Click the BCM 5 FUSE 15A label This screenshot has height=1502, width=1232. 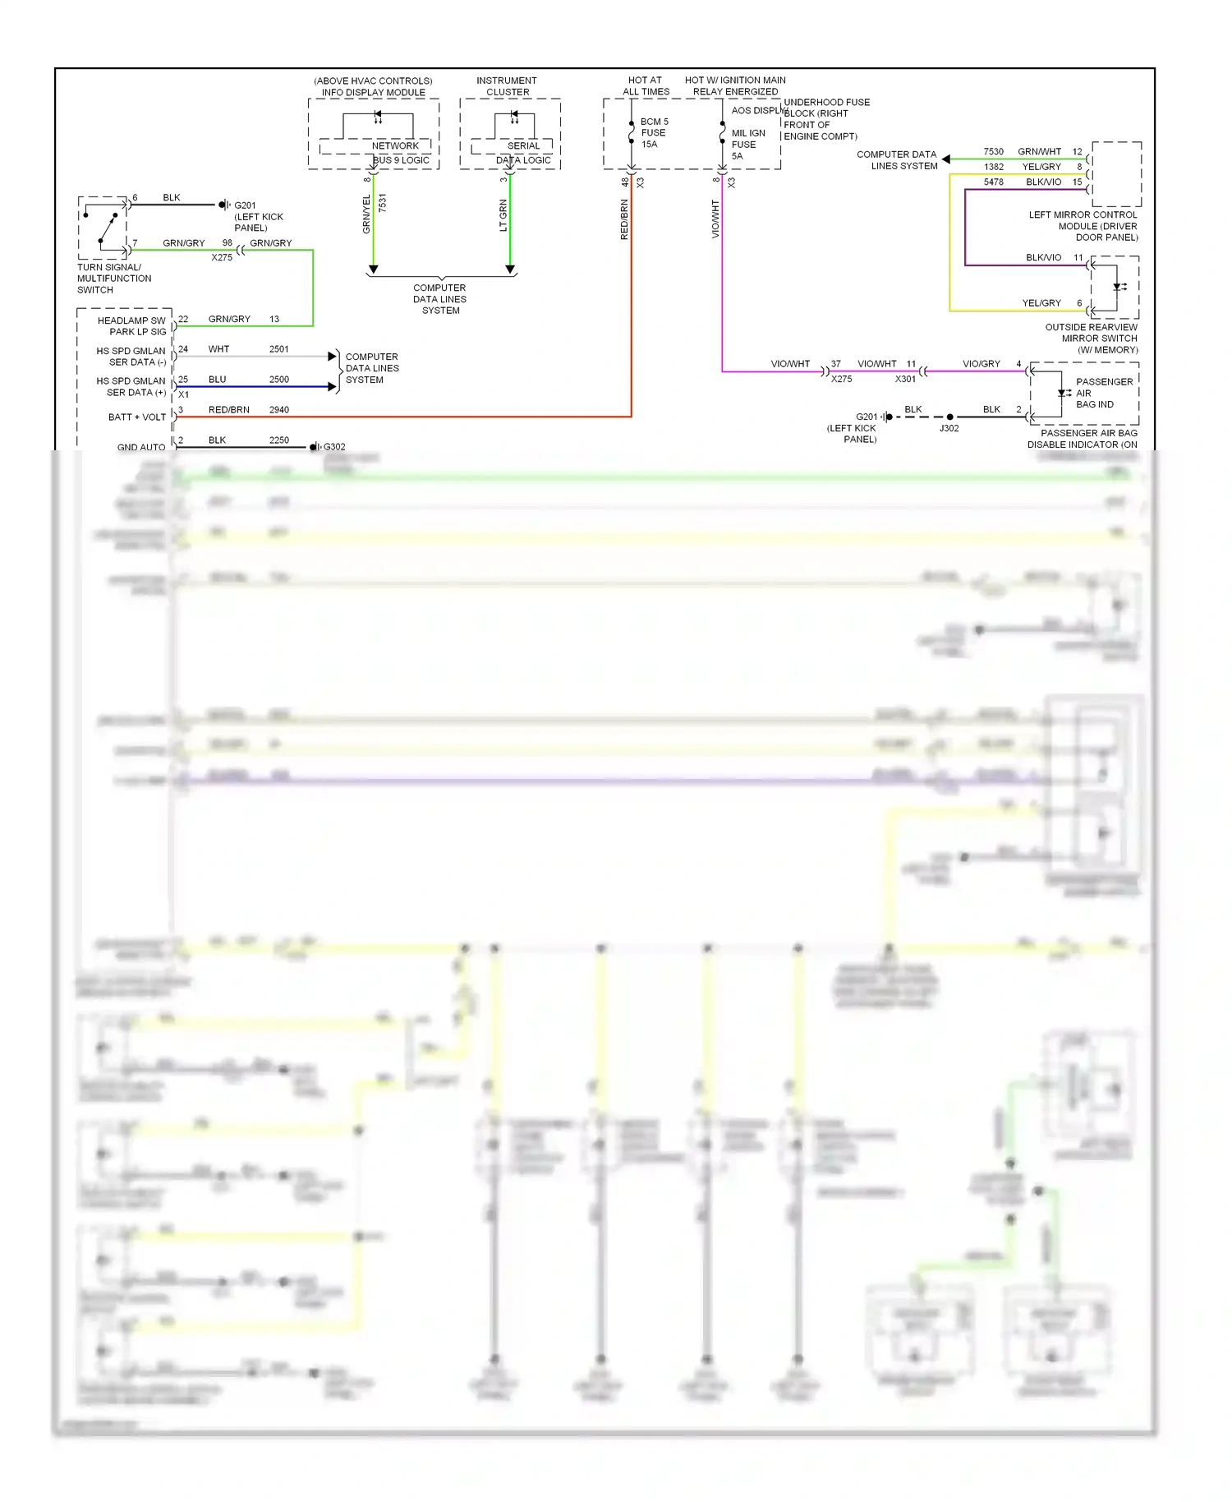(x=654, y=132)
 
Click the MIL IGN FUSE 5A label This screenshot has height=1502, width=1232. (x=747, y=144)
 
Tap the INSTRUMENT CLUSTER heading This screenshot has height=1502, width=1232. (x=507, y=86)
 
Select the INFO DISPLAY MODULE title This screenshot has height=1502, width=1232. (x=373, y=92)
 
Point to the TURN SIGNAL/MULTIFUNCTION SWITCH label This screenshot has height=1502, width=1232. (x=113, y=279)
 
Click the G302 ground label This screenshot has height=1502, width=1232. (x=334, y=447)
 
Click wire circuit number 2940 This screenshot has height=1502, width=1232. (x=279, y=409)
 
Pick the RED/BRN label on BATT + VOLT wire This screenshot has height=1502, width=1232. (x=228, y=409)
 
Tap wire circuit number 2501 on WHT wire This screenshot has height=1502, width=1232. (x=279, y=349)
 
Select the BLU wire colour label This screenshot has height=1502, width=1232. (x=217, y=380)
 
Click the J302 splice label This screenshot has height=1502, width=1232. (x=949, y=428)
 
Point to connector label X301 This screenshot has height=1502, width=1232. (x=905, y=379)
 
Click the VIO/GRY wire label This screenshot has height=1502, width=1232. (x=981, y=363)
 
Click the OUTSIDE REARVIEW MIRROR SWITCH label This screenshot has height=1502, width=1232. (x=1092, y=339)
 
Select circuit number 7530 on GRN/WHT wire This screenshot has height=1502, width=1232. (x=993, y=151)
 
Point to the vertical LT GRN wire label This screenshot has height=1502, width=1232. (x=503, y=215)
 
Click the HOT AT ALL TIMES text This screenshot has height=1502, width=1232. (x=646, y=86)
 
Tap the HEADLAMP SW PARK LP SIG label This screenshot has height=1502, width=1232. (x=131, y=326)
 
